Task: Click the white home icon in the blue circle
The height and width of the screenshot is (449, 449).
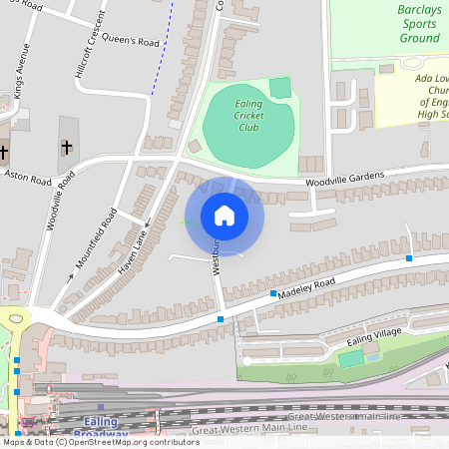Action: pyautogui.click(x=224, y=216)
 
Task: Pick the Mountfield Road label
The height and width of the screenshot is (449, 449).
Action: pyautogui.click(x=97, y=240)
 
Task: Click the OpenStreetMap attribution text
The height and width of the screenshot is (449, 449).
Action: pyautogui.click(x=100, y=441)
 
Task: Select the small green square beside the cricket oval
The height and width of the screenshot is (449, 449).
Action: pyautogui.click(x=280, y=88)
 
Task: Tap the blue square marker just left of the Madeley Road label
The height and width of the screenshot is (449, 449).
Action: pyautogui.click(x=273, y=294)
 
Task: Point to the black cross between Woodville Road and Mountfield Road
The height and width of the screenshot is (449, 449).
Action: pyautogui.click(x=67, y=148)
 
